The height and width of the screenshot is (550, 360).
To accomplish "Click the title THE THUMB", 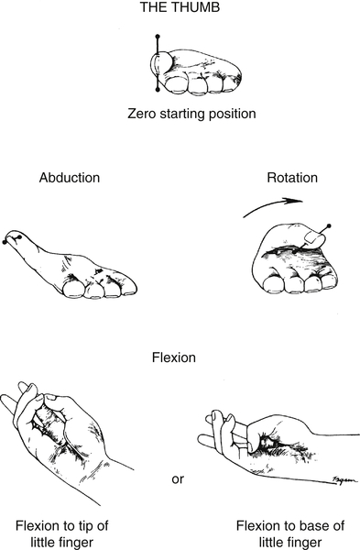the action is coord(180,11).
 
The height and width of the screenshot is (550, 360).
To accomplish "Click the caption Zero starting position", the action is coord(180,115).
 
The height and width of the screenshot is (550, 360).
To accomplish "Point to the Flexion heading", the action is coord(180,350).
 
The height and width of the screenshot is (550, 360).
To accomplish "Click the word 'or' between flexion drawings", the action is coord(180,478).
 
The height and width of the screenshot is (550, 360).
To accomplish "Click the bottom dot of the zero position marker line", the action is coord(158,91).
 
